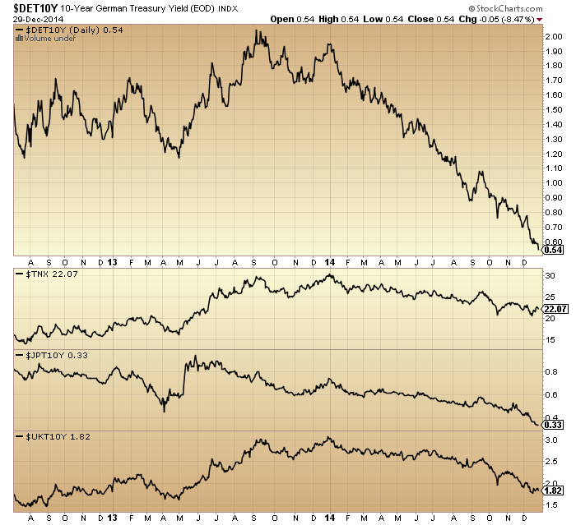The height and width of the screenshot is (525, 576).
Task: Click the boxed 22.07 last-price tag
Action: pyautogui.click(x=557, y=309)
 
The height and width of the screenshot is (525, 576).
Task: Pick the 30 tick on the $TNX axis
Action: pyautogui.click(x=550, y=275)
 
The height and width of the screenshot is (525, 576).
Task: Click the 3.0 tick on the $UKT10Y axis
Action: pyautogui.click(x=551, y=441)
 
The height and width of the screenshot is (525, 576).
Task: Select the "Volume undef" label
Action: pyautogui.click(x=41, y=39)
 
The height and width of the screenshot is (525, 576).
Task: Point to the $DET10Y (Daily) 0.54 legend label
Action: pyautogui.click(x=58, y=30)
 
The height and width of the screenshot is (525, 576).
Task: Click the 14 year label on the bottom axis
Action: pyautogui.click(x=329, y=518)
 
